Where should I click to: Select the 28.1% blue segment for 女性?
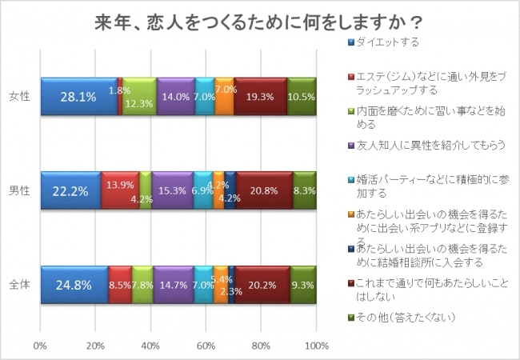[78, 96]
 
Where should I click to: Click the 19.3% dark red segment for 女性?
[260, 96]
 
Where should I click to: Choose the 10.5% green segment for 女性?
[302, 96]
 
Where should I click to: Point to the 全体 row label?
[19, 283]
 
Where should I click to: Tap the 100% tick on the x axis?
[316, 346]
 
